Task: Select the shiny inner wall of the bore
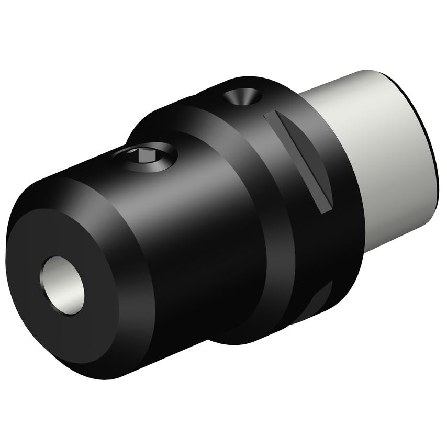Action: (55, 277)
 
